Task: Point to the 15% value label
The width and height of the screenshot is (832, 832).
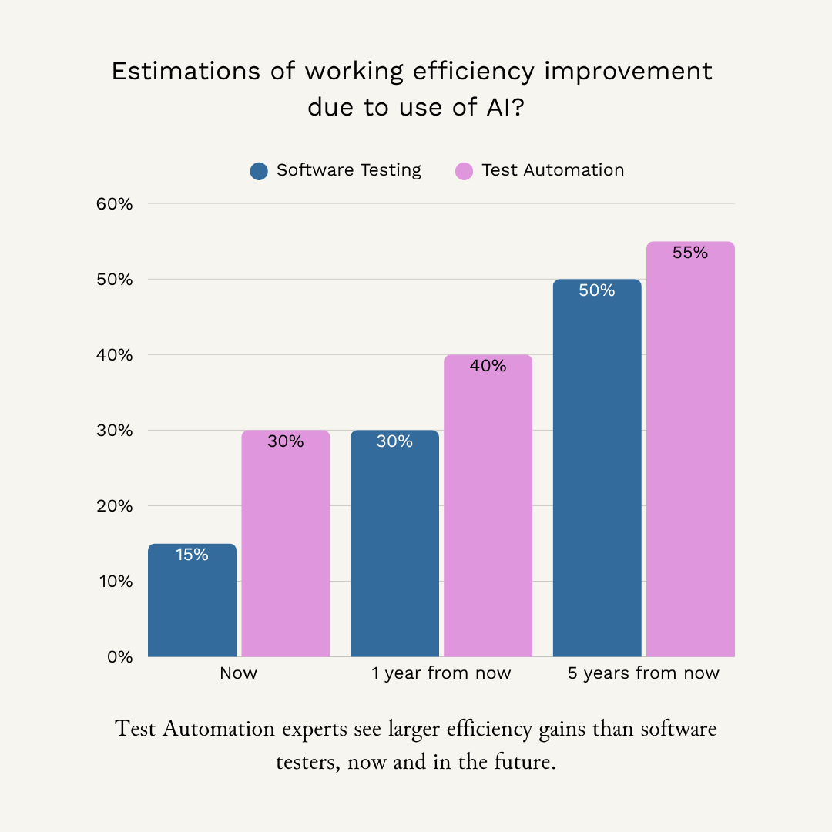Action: coord(192,555)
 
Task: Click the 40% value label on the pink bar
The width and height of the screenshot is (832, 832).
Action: coord(488,366)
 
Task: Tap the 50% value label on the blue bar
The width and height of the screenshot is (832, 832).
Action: coord(597,290)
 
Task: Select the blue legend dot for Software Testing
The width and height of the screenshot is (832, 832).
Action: coord(259,171)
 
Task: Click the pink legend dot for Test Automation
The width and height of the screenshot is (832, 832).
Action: coord(465,171)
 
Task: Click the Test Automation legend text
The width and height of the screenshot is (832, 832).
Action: coord(552,170)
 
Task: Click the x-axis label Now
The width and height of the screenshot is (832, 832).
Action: coord(238,673)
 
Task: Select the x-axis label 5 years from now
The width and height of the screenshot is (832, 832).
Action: coord(643,673)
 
